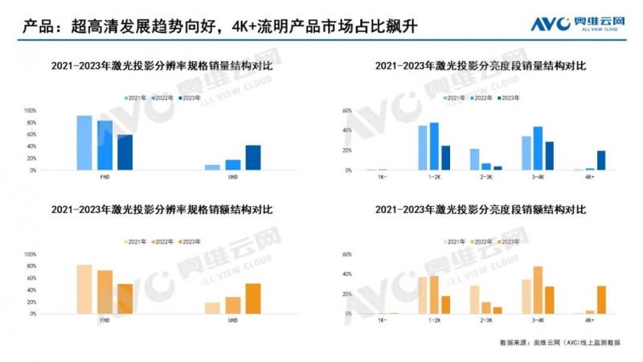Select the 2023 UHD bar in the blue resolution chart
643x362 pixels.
click(x=253, y=158)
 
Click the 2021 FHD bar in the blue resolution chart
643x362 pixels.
click(x=84, y=143)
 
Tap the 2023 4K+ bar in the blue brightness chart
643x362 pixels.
click(x=600, y=161)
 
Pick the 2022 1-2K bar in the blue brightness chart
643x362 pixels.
click(x=434, y=146)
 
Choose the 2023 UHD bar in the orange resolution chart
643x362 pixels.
click(x=253, y=298)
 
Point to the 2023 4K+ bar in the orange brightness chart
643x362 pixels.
click(x=600, y=299)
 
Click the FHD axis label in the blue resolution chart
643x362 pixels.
click(x=104, y=179)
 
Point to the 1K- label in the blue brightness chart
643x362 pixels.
click(x=382, y=179)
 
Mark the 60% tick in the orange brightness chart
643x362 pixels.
click(x=348, y=254)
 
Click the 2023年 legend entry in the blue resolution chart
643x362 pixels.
click(x=190, y=97)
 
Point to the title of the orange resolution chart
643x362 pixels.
click(x=162, y=210)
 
